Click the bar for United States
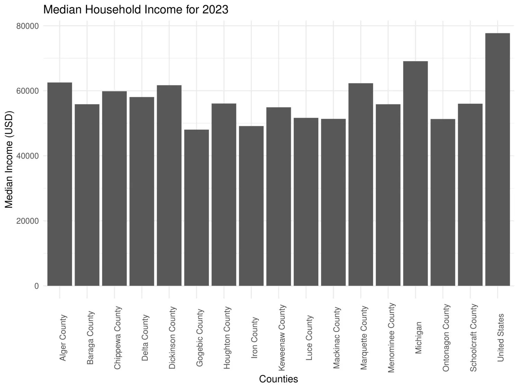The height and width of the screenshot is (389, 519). [x=497, y=159]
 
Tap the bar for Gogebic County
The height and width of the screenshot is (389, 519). [x=197, y=208]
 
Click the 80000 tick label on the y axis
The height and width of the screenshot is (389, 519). [x=27, y=26]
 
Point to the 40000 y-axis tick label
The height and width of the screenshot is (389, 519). [x=27, y=156]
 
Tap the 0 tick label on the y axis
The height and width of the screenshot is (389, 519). [x=36, y=286]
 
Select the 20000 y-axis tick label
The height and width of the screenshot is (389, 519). [x=27, y=221]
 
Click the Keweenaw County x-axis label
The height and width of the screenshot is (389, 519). [x=282, y=337]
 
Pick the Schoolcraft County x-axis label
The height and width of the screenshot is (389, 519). [x=474, y=337]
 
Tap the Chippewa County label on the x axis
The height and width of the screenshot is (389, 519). [x=118, y=337]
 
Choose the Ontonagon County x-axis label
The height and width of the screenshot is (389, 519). [x=446, y=337]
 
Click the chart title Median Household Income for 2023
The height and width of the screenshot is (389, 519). [x=136, y=10]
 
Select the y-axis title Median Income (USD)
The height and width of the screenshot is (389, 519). [x=9, y=159]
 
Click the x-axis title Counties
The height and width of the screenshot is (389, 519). [x=278, y=379]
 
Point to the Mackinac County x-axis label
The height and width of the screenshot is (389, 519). [x=337, y=337]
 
